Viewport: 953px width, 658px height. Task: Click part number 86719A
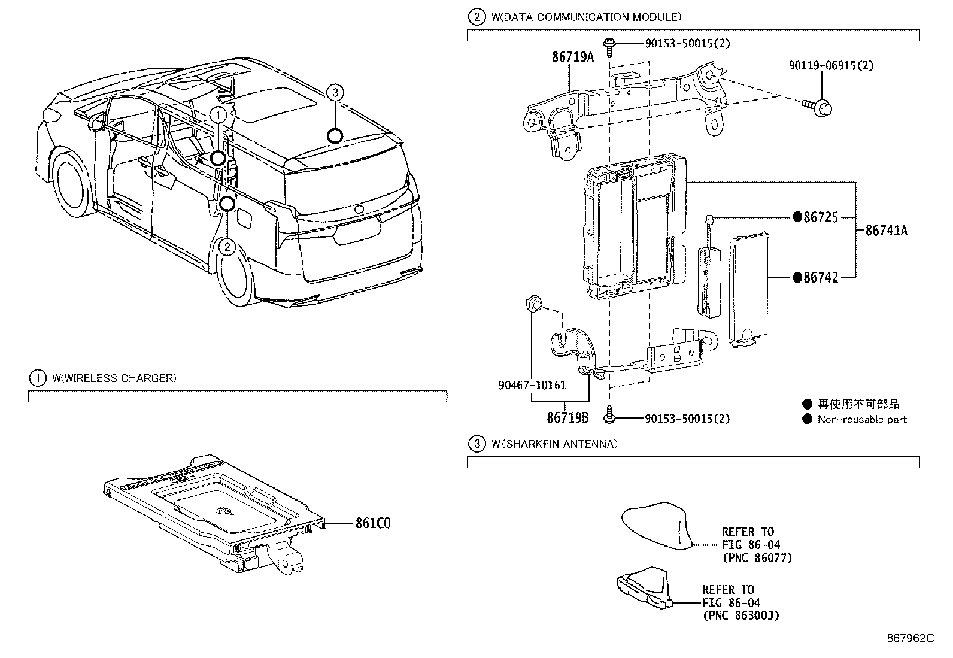tap(572, 57)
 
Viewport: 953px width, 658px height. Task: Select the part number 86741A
tap(886, 230)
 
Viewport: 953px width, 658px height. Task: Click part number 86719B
tap(567, 418)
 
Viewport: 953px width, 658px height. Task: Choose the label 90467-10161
tap(532, 385)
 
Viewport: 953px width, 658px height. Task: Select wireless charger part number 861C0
tap(372, 523)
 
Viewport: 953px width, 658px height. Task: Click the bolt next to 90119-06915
tap(820, 107)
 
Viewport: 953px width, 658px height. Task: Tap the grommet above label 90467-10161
tap(532, 305)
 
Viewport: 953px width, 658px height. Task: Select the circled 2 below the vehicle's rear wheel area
tap(227, 247)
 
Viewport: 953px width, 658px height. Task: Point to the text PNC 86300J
tap(740, 615)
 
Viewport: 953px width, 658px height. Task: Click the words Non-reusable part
tap(862, 420)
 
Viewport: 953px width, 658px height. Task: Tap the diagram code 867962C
tap(910, 638)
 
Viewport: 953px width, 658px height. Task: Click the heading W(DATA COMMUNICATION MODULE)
tap(585, 17)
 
